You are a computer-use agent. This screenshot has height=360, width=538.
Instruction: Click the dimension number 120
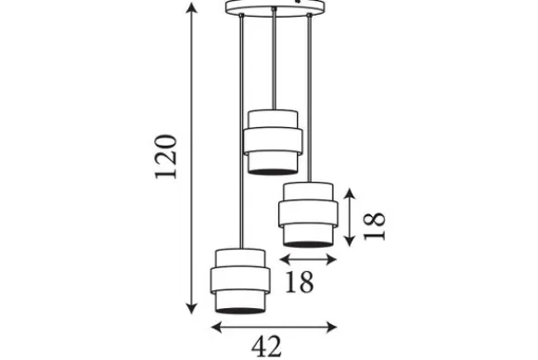pos(166,157)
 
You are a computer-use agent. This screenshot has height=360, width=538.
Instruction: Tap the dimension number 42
pos(266,346)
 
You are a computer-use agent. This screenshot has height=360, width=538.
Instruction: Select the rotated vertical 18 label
pos(375,226)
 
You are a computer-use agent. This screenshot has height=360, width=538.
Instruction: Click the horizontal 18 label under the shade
pos(300,282)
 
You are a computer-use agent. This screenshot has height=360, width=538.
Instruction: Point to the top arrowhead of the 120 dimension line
pos(191,7)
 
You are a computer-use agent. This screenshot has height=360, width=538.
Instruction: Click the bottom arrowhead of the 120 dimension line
pos(191,309)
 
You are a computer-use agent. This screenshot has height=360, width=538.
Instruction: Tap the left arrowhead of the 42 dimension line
pos(217,327)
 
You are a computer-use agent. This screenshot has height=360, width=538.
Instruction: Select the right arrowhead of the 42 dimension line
pos(331,327)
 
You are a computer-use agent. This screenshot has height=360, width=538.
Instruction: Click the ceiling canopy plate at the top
pos(275,7)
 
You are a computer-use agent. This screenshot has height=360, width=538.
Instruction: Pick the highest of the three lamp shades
pos(273,142)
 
